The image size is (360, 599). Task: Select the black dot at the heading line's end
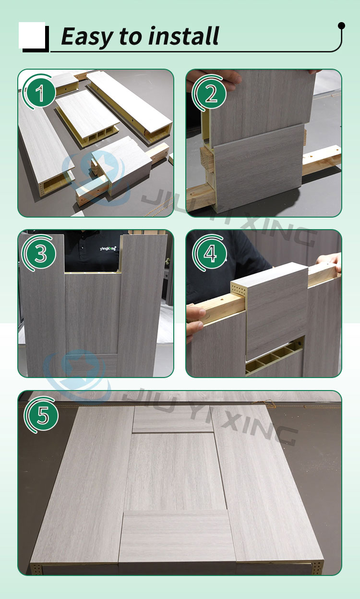tap(341, 25)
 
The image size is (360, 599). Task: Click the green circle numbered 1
tap(40, 93)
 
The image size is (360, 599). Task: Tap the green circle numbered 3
tap(41, 254)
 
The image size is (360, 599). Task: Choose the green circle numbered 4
tap(210, 254)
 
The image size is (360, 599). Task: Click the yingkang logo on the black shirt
tap(108, 248)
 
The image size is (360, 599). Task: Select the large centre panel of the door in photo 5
tap(175, 471)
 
